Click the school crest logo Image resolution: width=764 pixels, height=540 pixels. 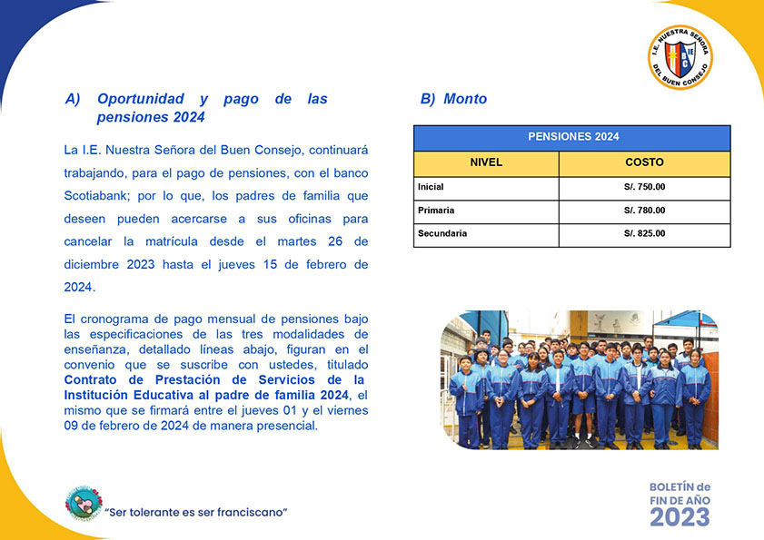coord(680,57)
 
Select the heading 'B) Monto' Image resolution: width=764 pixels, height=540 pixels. coord(453,99)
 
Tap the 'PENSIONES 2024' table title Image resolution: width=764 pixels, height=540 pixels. coord(572,137)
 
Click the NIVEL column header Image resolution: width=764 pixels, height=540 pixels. coord(486,162)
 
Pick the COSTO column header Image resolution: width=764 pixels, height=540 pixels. coord(644,162)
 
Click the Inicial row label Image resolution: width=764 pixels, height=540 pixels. coord(431,187)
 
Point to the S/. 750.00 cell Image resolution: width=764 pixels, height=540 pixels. coord(644,187)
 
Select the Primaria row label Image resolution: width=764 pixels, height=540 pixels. coord(436,211)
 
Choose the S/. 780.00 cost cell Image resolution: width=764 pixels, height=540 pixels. coord(644,211)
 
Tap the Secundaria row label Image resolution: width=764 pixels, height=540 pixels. coord(442,234)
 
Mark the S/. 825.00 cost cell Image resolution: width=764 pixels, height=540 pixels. coord(644,234)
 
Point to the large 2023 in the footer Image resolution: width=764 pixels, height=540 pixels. coord(680,515)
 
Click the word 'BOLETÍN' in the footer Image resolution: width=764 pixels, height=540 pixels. coord(671,487)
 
